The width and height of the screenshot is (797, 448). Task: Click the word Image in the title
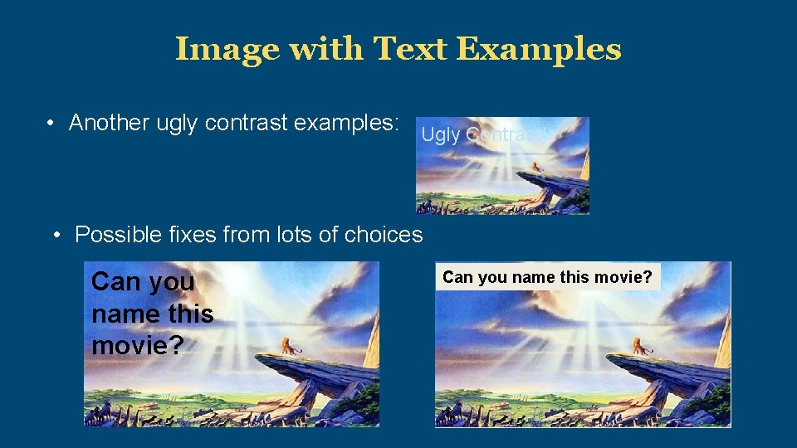(x=227, y=50)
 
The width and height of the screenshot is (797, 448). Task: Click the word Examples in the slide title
(x=539, y=50)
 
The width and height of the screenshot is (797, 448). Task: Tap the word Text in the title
(x=409, y=50)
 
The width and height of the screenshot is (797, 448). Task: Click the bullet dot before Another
(x=51, y=124)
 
